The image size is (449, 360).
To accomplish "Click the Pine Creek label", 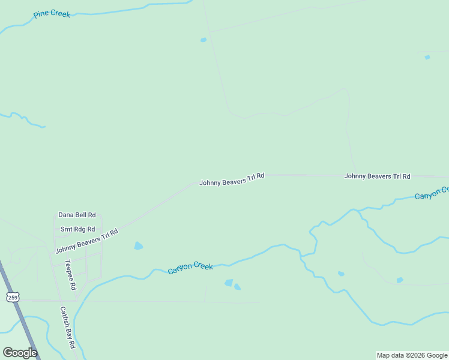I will click(52, 14).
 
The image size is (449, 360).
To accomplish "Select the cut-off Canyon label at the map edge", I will click(432, 193).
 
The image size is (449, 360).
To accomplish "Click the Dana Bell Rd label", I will click(77, 215).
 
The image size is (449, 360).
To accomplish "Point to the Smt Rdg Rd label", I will click(77, 229).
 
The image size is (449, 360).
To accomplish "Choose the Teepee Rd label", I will click(71, 275).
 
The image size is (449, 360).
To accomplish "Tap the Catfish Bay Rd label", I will click(67, 328).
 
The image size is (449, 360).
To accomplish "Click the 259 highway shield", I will click(13, 297).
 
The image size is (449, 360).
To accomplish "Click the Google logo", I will click(20, 353).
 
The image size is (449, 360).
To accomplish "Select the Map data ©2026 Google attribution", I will click(412, 355).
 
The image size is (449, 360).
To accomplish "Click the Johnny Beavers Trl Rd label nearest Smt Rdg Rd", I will click(86, 241).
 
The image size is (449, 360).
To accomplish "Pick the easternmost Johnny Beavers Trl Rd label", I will click(377, 176).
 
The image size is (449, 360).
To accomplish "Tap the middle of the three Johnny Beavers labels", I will click(232, 179).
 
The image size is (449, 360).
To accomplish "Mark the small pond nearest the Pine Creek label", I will click(203, 40).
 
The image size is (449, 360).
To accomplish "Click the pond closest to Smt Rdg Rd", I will click(139, 246).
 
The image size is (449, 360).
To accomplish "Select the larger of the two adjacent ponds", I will click(229, 283).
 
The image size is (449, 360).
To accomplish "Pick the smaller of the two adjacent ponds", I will click(238, 287).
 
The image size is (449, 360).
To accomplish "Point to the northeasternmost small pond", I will click(427, 58).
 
